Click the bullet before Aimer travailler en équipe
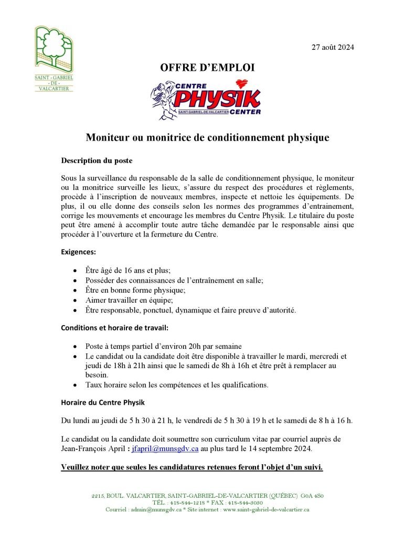pyautogui.click(x=76, y=300)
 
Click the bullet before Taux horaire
pyautogui.click(x=76, y=385)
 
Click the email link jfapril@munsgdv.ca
pyautogui.click(x=165, y=449)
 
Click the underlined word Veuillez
pyautogui.click(x=79, y=467)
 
